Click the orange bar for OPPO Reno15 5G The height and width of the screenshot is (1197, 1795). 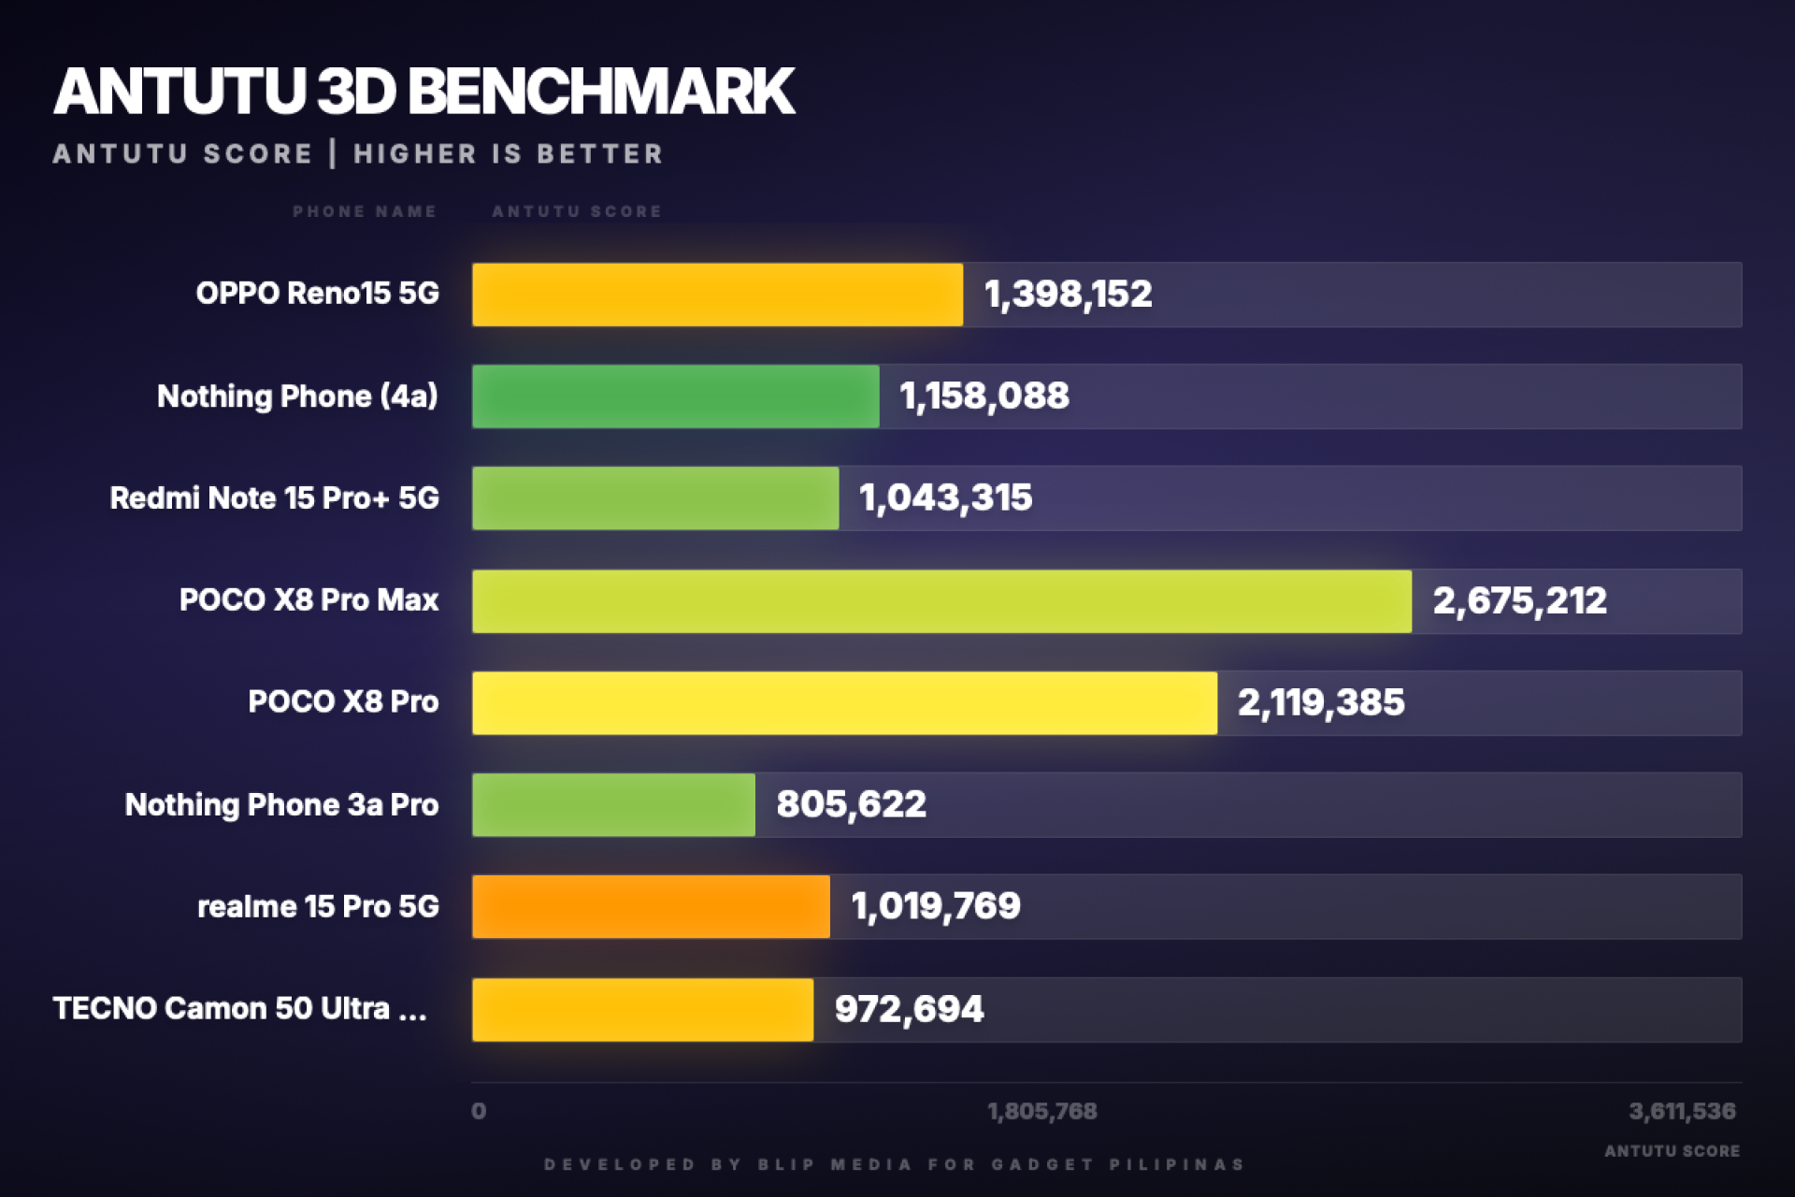pos(717,295)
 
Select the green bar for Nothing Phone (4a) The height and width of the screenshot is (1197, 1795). pos(675,397)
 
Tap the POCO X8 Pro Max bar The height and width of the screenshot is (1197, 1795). pos(941,601)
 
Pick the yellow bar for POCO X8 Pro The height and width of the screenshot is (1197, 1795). pos(844,703)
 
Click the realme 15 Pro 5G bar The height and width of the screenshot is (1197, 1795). pos(651,907)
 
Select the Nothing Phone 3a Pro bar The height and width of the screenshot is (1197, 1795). pos(613,805)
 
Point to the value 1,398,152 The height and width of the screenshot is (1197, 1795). pos(1068,295)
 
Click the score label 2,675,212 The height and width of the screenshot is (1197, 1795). pos(1519,601)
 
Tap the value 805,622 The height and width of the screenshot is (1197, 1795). pos(851,805)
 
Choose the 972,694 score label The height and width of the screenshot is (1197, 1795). pos(909,1010)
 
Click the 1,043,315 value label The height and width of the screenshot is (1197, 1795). pos(945,498)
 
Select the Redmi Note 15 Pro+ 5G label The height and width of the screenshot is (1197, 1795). pos(274,498)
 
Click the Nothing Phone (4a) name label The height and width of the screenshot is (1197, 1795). pos(297,397)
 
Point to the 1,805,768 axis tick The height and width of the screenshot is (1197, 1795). pos(1041,1112)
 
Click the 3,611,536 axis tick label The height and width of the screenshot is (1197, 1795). pos(1682,1112)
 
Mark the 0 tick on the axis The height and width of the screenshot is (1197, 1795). pos(479,1112)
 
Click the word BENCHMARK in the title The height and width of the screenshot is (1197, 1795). pos(601,92)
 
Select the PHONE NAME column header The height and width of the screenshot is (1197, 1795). pos(365,212)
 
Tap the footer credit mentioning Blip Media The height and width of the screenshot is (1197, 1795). pos(895,1165)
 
